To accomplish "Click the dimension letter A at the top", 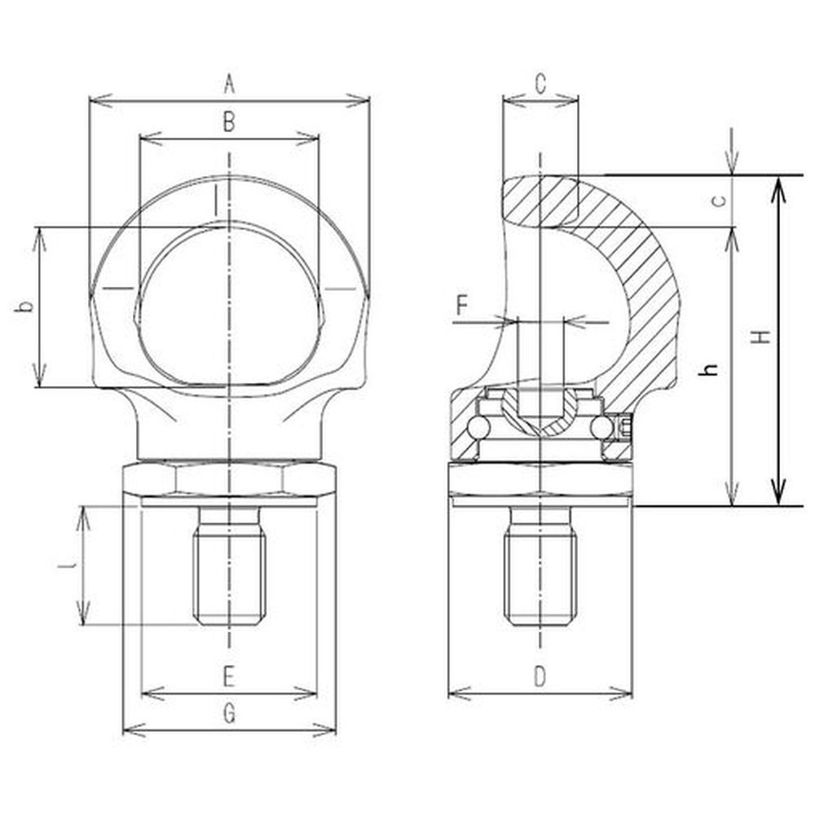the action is [229, 84].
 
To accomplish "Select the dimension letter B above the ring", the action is [229, 122].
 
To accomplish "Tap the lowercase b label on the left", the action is [24, 306].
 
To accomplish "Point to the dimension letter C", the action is [540, 84].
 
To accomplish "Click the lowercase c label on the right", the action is [719, 200].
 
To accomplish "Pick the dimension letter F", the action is [463, 305].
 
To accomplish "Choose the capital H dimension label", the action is [763, 337].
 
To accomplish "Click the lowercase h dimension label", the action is [710, 369].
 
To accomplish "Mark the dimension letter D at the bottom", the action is [540, 677].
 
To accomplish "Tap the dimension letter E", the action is [229, 677].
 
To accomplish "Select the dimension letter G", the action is [229, 714].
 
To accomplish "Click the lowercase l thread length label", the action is [67, 565].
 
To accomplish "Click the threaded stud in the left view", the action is [229, 566].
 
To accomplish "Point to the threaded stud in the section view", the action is [540, 566].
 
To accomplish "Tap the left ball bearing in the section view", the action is [478, 429].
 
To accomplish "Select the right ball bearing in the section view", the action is [601, 429].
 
